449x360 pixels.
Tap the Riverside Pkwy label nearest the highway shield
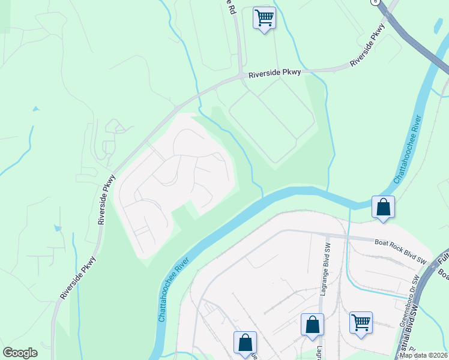point(367,45)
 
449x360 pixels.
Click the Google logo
point(20,353)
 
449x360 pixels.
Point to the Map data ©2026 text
point(423,355)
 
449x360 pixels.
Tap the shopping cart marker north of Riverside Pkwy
point(264,18)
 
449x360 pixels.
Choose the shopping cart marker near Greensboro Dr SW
point(361,323)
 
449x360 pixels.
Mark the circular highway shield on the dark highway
point(376,2)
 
